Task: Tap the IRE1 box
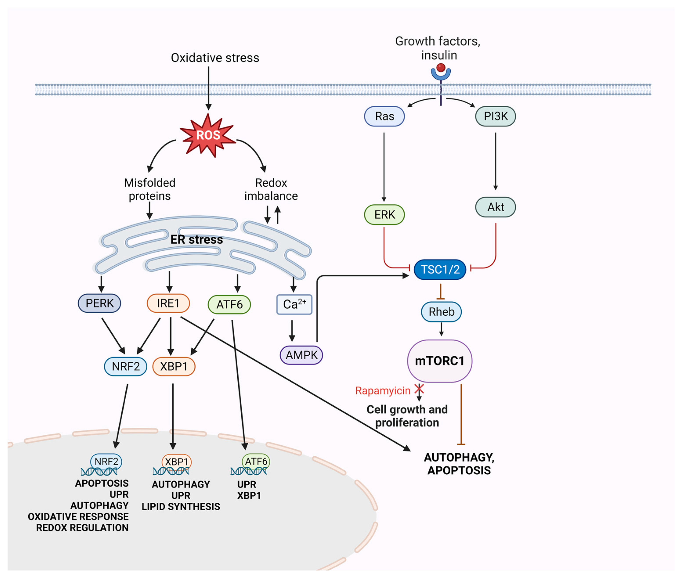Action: (168, 303)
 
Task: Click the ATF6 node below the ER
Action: (229, 305)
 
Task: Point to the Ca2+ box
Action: (294, 304)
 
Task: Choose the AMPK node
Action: (301, 355)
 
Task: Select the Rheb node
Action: (441, 312)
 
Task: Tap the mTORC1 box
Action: (440, 361)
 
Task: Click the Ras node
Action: (384, 116)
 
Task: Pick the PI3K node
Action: (495, 116)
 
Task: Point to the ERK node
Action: (384, 214)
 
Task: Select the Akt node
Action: (495, 207)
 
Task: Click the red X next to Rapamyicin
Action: (419, 389)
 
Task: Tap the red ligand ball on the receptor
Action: (441, 68)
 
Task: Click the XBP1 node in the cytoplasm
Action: (174, 366)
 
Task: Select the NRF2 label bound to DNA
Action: (106, 461)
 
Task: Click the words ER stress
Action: (197, 240)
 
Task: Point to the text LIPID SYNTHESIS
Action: (181, 506)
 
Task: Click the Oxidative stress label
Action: (215, 58)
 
